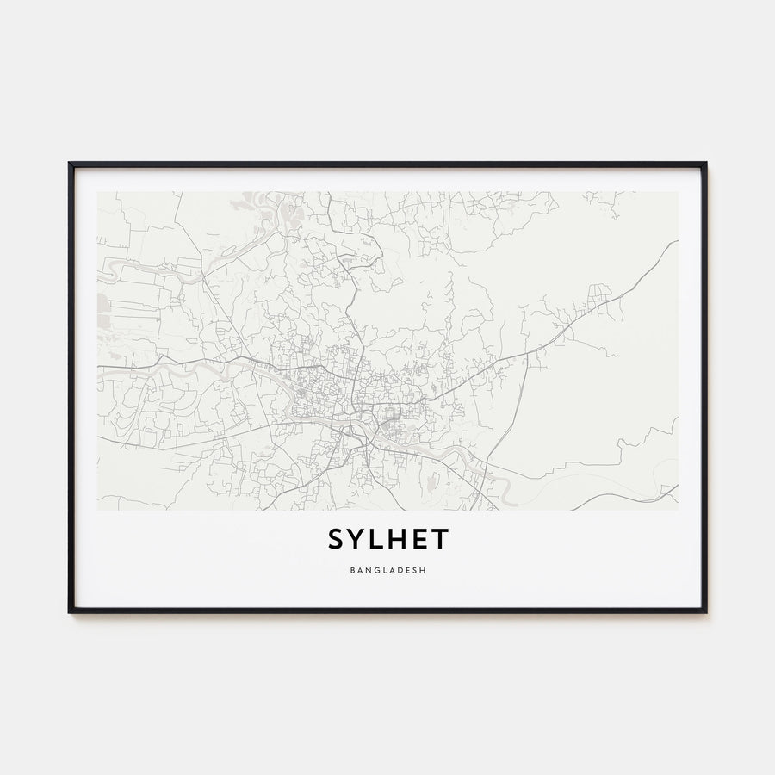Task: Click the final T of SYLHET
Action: pyautogui.click(x=441, y=540)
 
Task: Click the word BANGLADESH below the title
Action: pyautogui.click(x=387, y=570)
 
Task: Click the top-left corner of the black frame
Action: pyautogui.click(x=71, y=164)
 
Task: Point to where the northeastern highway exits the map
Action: pyautogui.click(x=676, y=243)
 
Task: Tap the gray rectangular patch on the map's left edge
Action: pyautogui.click(x=102, y=304)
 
